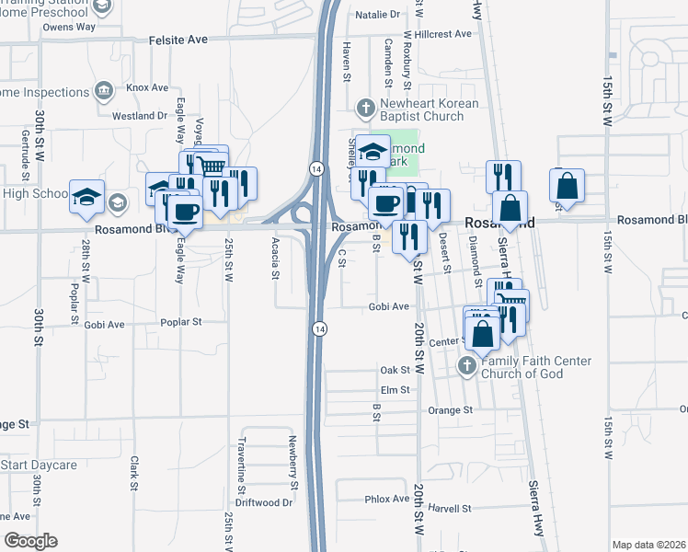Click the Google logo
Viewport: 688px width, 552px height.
click(29, 541)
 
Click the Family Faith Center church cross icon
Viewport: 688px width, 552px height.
click(466, 366)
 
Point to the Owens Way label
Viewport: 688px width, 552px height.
click(69, 28)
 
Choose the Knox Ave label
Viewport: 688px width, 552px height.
click(148, 87)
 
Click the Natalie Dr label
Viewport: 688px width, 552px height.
click(384, 15)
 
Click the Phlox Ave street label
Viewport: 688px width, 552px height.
click(386, 499)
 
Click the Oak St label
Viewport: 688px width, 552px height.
click(394, 370)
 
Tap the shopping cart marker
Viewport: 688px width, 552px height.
click(212, 167)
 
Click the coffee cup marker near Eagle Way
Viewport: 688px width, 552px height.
click(187, 212)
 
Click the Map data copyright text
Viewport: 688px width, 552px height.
click(648, 545)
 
